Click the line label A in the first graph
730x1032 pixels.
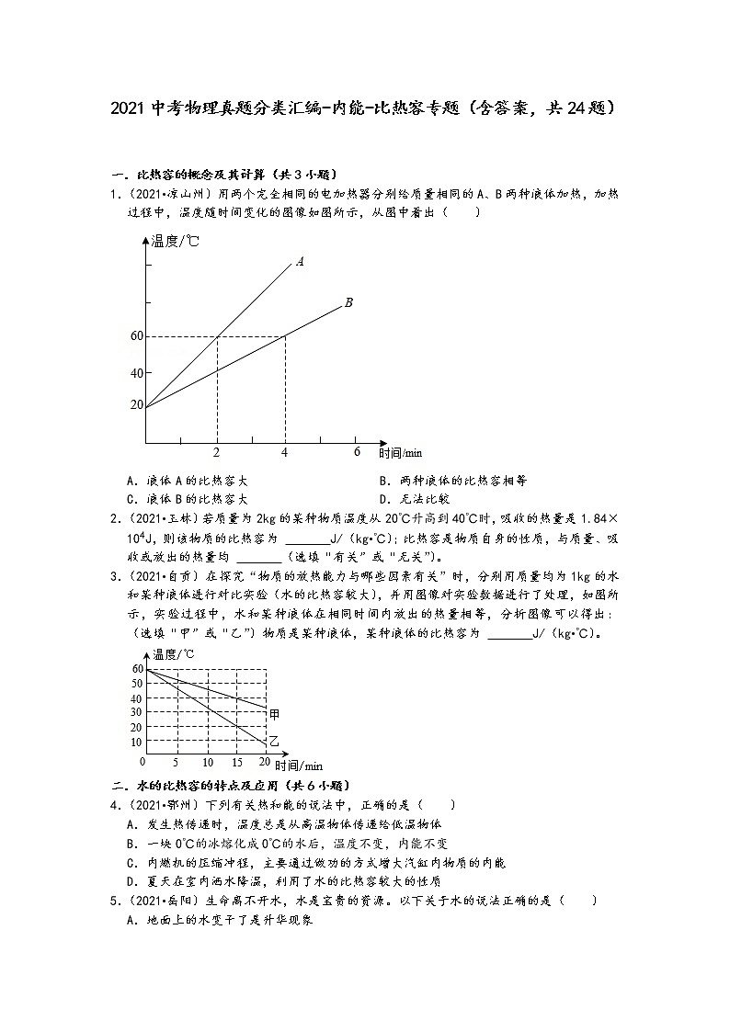(300, 261)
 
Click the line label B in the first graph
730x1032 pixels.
(348, 301)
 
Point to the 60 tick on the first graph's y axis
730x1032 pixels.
(138, 336)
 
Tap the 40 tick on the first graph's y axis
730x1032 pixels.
(138, 373)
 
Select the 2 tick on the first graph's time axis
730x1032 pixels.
(216, 452)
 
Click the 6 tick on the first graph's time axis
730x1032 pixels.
(357, 451)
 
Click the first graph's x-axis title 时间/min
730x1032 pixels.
(402, 453)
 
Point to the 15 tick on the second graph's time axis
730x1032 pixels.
(236, 763)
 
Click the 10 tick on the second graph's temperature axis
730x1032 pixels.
(136, 742)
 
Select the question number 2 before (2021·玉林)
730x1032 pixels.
(112, 518)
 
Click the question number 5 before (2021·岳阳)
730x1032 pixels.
(112, 901)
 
